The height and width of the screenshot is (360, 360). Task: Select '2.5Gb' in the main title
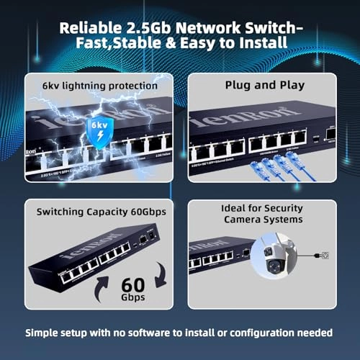coord(149,28)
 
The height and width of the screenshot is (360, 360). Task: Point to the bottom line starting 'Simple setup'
coord(179,333)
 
